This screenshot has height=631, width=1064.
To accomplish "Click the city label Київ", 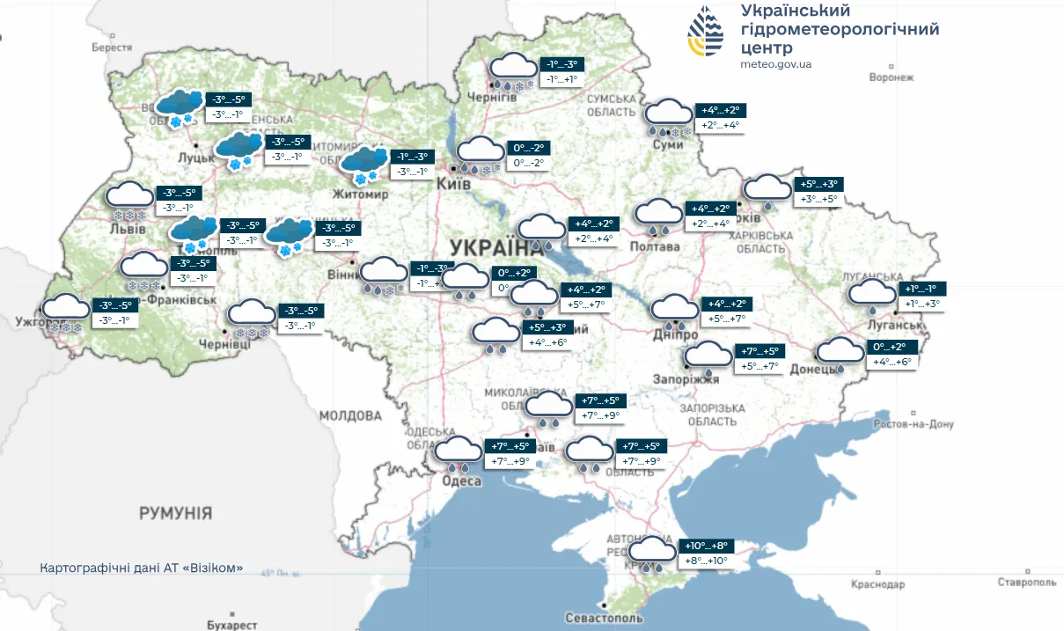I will pyautogui.click(x=454, y=183).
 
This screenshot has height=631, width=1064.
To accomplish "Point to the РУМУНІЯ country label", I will pyautogui.click(x=175, y=512).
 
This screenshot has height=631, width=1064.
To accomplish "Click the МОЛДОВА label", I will pyautogui.click(x=350, y=415).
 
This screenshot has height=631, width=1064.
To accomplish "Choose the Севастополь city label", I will pyautogui.click(x=602, y=619).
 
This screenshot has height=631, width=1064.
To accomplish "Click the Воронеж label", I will pyautogui.click(x=891, y=77).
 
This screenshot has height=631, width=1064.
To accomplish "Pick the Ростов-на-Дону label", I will pyautogui.click(x=914, y=424).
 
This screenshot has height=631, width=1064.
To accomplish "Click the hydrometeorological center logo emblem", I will pyautogui.click(x=706, y=33).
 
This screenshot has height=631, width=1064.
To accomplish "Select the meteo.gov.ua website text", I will pyautogui.click(x=775, y=64).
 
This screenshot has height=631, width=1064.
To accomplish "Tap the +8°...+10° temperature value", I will pyautogui.click(x=706, y=561).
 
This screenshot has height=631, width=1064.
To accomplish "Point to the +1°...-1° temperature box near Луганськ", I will pyautogui.click(x=922, y=290).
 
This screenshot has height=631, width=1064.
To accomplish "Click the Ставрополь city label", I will pyautogui.click(x=1026, y=583).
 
